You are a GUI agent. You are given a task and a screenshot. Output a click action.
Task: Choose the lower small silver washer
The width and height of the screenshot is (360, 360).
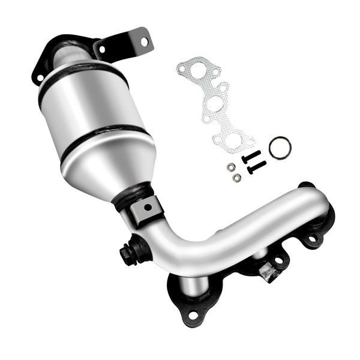(x=236, y=178)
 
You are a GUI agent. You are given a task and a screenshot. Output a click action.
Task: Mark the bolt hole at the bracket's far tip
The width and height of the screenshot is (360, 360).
(x=143, y=41)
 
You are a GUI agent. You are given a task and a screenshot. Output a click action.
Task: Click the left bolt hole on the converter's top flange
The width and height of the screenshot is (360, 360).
(x=40, y=77)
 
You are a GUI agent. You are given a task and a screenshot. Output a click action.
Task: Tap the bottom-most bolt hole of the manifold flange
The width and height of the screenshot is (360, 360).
(x=193, y=314)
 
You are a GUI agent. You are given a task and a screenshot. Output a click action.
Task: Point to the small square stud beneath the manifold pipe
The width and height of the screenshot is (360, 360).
(x=267, y=274)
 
